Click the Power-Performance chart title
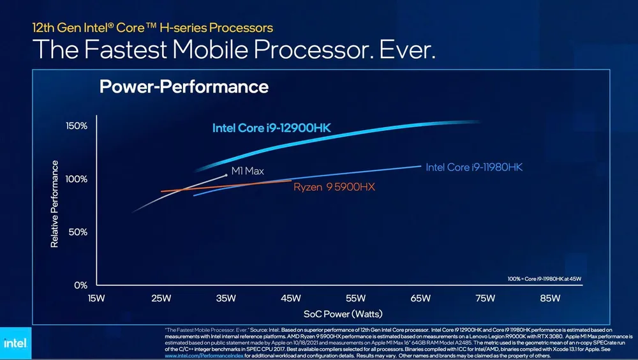click(184, 87)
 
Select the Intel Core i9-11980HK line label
click(473, 167)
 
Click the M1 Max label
click(247, 171)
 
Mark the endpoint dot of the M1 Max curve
click(226, 174)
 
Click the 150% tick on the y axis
click(77, 126)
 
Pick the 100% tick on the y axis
click(77, 179)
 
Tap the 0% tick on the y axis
click(80, 285)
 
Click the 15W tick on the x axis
click(96, 298)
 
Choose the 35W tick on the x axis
click(226, 298)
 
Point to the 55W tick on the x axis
click(355, 298)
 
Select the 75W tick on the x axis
click(485, 298)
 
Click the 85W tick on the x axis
click(550, 298)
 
